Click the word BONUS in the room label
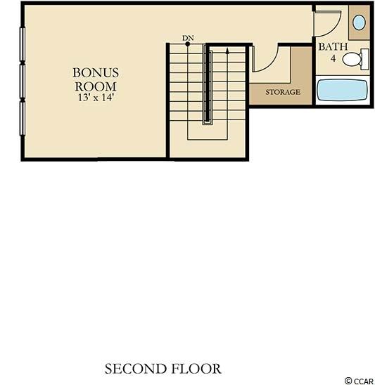coord(96,73)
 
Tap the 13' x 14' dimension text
coord(96,98)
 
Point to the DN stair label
coord(188,38)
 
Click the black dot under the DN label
coord(188,44)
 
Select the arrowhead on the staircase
coord(227,51)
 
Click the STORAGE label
coord(283,92)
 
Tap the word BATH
coord(333,46)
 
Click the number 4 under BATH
coord(333,58)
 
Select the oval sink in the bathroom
coord(359,22)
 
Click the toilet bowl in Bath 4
coord(352,60)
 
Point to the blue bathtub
coord(343,90)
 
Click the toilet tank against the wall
coord(365,59)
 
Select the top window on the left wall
coord(23,44)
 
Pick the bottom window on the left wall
coord(23,118)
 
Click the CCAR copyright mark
coord(360,381)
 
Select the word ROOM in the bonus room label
coord(96,86)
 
